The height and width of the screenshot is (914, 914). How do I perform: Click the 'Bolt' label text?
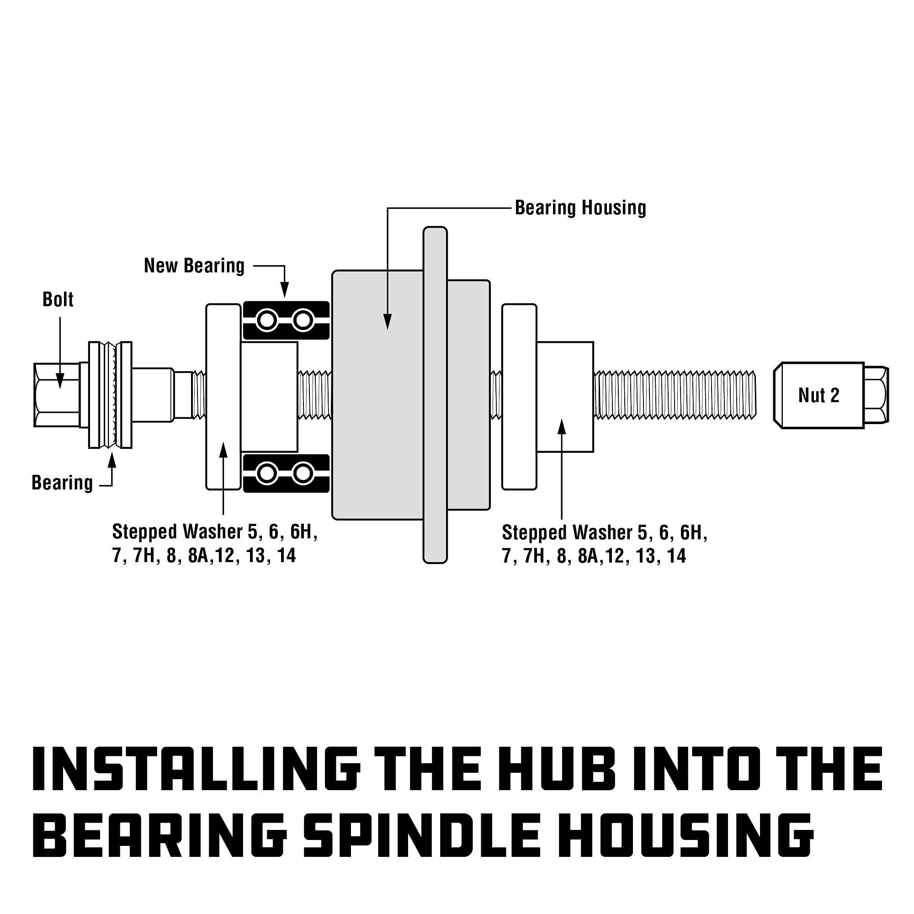point(58,300)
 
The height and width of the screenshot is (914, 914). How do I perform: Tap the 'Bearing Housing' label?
point(580,208)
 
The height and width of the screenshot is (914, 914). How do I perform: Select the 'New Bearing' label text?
point(194,266)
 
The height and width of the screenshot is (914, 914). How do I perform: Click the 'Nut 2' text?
point(818,395)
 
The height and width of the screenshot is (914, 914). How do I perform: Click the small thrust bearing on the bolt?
point(110,394)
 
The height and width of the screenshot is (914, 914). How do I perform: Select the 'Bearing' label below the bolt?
point(63,483)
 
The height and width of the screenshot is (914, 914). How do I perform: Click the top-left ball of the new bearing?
point(267,321)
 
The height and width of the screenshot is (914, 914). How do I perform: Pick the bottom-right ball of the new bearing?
point(303,473)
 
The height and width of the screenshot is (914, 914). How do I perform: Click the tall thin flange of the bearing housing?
point(435,395)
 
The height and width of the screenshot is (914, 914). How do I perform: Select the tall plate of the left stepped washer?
point(223,396)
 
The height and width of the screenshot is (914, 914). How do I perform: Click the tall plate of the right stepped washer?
point(519,396)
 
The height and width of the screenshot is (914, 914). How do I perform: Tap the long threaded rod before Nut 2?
point(674,395)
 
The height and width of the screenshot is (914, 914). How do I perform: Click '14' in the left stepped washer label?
point(286,555)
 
